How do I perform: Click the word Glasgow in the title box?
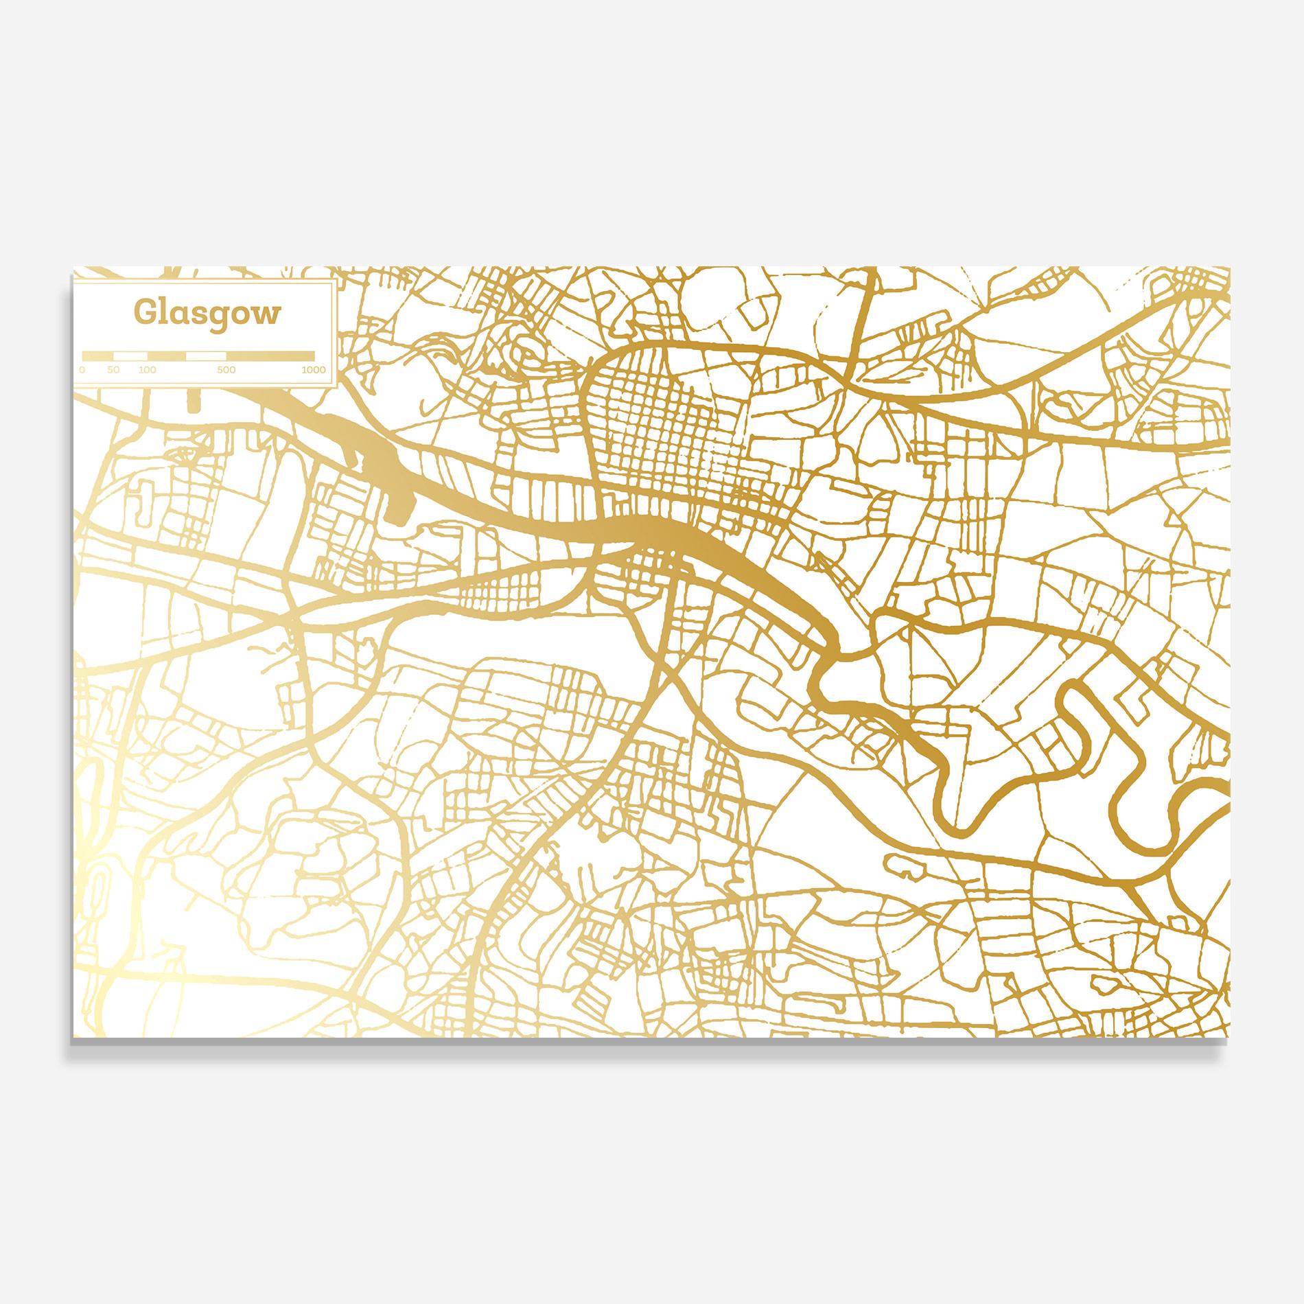207,313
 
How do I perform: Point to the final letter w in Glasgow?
268,314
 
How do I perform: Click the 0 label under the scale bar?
82,370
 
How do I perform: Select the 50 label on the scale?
113,370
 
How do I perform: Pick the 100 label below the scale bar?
147,370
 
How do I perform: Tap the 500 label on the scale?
226,370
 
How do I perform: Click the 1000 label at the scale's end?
313,370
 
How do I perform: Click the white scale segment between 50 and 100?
130,356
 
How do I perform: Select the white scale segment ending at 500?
206,356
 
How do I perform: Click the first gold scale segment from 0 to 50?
98,356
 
